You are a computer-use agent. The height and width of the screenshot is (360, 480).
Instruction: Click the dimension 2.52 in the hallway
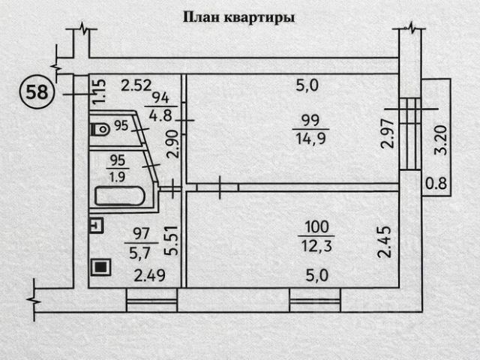(x=136, y=85)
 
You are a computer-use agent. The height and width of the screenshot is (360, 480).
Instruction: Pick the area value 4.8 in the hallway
(x=158, y=115)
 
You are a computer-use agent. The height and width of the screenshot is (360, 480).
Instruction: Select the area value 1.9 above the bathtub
(x=118, y=177)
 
